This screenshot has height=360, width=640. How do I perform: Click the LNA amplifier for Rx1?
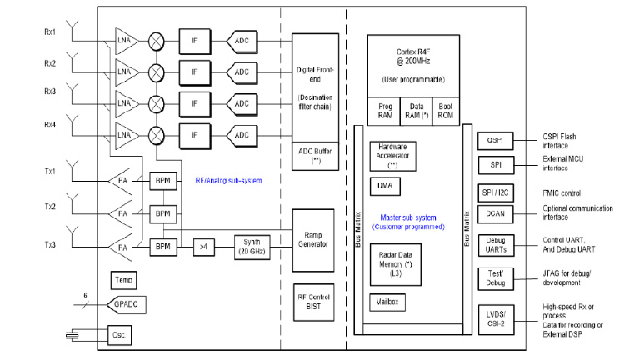click(125, 40)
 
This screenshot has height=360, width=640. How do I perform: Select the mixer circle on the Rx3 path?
click(156, 103)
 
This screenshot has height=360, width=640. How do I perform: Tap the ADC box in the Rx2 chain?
click(242, 72)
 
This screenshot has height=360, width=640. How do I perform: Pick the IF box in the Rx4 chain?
click(193, 135)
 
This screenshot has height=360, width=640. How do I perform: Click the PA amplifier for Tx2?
click(123, 214)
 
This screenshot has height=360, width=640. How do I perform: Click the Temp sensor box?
click(122, 280)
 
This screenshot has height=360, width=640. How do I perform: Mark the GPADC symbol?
click(122, 305)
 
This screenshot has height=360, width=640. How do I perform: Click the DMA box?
click(383, 185)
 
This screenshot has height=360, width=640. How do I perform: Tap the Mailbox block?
click(387, 301)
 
